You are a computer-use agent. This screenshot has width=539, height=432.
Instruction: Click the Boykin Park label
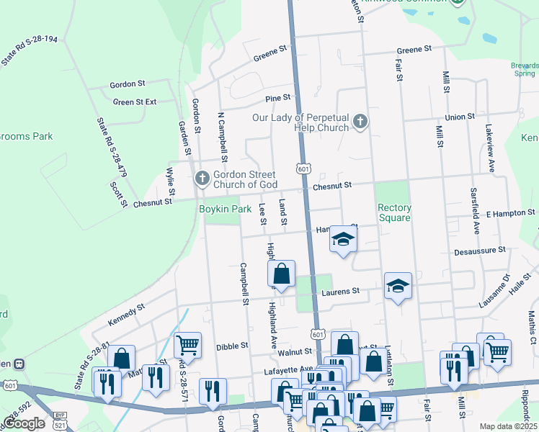pos(224,209)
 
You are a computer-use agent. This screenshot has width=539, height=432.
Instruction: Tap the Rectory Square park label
pos(394,213)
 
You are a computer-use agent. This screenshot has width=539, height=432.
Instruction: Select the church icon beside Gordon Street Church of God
pos(202,178)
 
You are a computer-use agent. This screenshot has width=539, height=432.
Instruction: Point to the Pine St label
pos(277,97)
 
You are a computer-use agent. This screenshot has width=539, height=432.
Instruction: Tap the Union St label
pos(460,116)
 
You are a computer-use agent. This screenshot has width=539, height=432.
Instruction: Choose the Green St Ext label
pos(135,102)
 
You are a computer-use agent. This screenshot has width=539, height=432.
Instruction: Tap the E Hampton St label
pos(510,213)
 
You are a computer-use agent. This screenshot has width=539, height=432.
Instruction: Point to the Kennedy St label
pos(127,314)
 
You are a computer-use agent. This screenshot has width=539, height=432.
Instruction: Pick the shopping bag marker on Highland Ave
pos(281,274)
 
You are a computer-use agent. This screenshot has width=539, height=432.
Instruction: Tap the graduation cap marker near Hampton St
pos(344,239)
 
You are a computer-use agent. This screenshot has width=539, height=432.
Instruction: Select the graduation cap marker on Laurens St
pos(398,286)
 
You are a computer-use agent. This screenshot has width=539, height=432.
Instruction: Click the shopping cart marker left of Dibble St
pos(187,345)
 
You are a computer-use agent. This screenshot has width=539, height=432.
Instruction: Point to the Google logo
pos(24,423)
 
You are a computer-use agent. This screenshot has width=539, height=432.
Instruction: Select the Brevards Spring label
pos(524,70)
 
